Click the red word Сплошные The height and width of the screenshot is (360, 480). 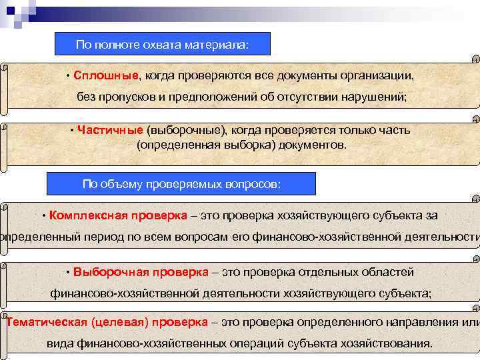(x=107, y=75)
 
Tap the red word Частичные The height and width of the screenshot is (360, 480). (x=109, y=130)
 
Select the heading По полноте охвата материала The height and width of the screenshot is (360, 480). (x=162, y=45)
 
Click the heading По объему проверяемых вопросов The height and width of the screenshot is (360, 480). (x=181, y=184)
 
